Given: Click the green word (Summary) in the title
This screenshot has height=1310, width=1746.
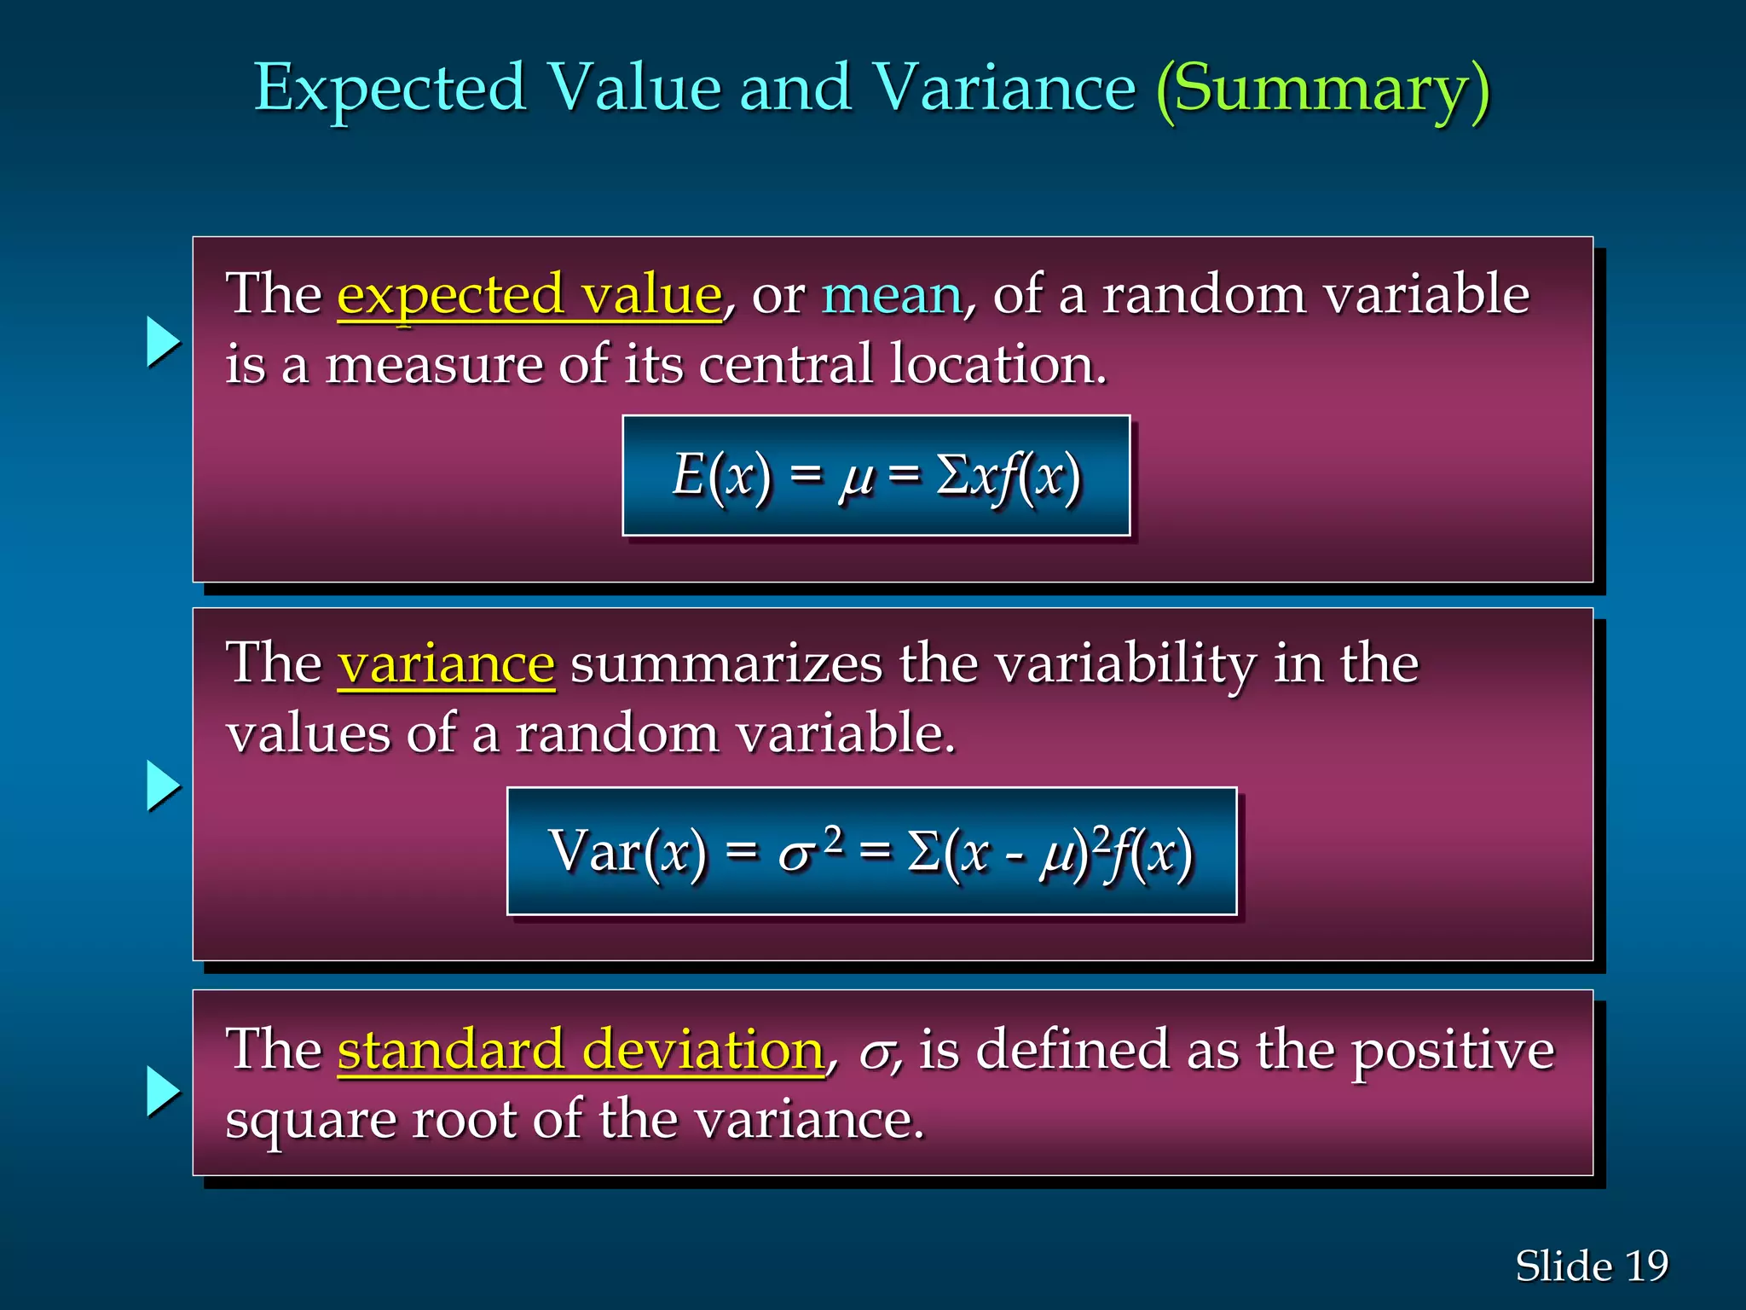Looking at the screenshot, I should coord(1322,90).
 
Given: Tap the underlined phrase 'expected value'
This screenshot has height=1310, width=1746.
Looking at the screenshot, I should coord(529,295).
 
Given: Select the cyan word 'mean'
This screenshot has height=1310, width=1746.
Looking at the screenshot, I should coord(891,295).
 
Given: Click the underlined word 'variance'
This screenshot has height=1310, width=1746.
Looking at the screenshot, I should coord(446,664).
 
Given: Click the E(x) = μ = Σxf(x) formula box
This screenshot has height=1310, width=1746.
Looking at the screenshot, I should coord(876,476).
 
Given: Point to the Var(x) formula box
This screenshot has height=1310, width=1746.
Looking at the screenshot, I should coord(871,851).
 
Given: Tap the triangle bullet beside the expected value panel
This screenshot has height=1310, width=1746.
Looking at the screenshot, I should coord(163,342).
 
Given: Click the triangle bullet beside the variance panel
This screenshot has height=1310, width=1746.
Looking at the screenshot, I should coord(163,785).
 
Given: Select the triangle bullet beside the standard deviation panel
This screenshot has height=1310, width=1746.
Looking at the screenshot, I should coord(163,1091).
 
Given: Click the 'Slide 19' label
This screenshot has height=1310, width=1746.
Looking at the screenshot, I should coord(1591,1266).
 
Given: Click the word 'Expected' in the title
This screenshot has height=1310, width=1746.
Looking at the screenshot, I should coord(390,90).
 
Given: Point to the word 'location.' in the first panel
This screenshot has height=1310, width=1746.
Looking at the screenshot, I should coord(998,364).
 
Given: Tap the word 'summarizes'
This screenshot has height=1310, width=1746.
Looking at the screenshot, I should coord(726,664).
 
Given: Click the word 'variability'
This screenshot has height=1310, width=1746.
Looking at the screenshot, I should coord(1125,665).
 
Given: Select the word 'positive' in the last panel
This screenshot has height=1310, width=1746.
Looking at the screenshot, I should coord(1454,1051).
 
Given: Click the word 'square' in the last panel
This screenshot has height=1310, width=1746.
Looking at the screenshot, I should coord(310,1122).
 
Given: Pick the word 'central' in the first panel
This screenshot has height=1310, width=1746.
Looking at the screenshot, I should coord(786,364).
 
